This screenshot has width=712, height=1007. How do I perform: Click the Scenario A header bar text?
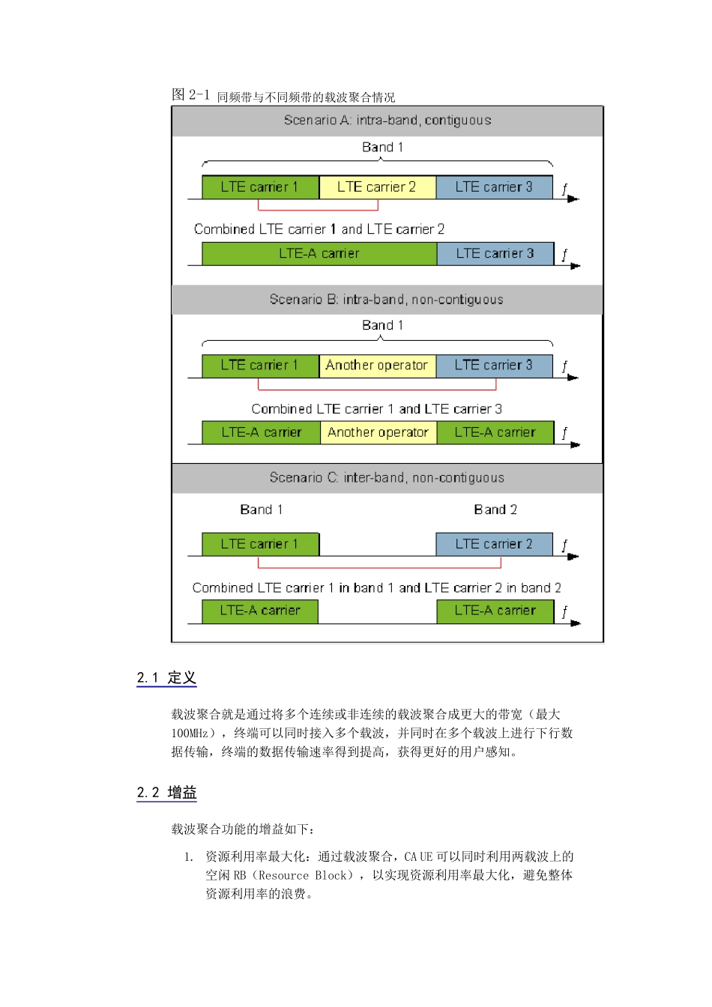click(387, 121)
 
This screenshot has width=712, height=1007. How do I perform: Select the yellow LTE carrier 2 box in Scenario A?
click(377, 187)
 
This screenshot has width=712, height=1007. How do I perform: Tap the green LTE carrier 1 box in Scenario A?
click(260, 187)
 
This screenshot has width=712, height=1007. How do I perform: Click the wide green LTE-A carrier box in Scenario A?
click(319, 254)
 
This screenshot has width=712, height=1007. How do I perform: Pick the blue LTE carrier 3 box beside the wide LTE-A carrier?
click(495, 254)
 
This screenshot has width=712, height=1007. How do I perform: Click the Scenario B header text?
click(387, 300)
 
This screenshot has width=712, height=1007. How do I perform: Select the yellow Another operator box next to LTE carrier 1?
click(377, 366)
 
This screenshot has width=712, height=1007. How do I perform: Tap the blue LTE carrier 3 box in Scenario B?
click(494, 366)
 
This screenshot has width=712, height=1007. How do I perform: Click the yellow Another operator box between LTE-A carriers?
click(378, 432)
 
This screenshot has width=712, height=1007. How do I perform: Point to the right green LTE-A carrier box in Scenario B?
click(495, 432)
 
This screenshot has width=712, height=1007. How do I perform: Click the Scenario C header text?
click(387, 478)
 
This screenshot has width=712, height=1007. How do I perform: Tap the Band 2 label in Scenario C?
click(495, 510)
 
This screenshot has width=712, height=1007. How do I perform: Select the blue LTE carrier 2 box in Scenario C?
click(494, 545)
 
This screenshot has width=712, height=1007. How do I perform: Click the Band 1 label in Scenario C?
click(261, 510)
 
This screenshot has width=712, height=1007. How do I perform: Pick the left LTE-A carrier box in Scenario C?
click(260, 611)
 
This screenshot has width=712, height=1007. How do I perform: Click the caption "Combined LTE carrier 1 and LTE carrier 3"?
click(377, 409)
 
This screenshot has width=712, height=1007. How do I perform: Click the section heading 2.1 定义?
click(166, 678)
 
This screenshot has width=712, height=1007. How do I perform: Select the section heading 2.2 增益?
click(166, 793)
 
